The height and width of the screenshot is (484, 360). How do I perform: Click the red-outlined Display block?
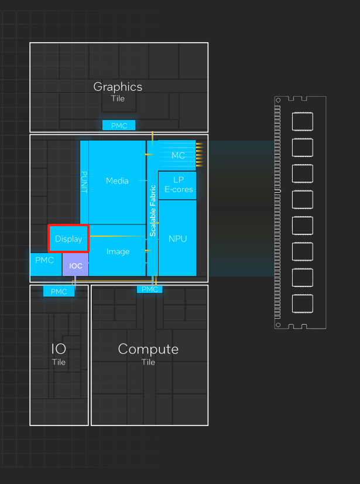[x=68, y=238]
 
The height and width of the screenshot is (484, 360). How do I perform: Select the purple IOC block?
[x=76, y=265]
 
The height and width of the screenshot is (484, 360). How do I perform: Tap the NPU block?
[x=177, y=238]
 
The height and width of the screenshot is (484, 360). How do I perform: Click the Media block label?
[x=117, y=181]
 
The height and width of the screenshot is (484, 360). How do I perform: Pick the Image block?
[x=118, y=251]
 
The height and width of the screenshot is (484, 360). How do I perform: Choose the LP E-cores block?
[x=178, y=185]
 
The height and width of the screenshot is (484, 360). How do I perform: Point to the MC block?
[x=178, y=155]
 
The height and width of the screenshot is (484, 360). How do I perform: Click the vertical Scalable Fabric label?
[x=153, y=210]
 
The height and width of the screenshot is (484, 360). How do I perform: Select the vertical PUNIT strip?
[x=84, y=182]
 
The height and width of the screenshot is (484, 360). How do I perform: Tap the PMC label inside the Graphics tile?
[x=119, y=125]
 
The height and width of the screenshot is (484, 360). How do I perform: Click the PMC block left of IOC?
[x=45, y=260]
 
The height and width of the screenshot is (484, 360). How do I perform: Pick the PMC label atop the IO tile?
[x=59, y=291]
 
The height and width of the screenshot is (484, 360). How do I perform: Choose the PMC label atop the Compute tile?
[x=150, y=289]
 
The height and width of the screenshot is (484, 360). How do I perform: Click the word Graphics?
[x=118, y=87]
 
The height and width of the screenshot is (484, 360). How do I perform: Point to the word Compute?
[x=148, y=349]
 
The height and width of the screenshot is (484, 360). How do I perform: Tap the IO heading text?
[x=59, y=349]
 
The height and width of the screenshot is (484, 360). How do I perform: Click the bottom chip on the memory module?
[x=302, y=304]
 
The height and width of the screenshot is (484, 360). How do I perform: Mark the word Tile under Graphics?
[x=118, y=98]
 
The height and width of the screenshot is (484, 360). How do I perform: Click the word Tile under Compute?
[x=148, y=362]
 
